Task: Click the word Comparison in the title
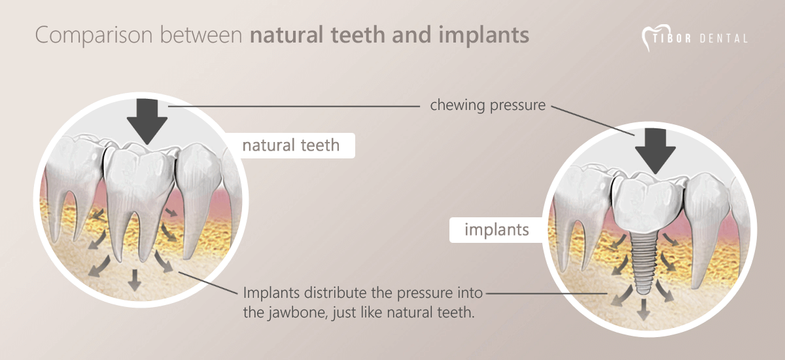(x=94, y=35)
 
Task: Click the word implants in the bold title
(x=483, y=35)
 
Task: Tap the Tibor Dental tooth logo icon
(x=656, y=37)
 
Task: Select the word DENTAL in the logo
(x=724, y=38)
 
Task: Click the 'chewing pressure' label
(x=487, y=105)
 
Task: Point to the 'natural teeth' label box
(x=291, y=145)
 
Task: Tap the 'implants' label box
(x=497, y=230)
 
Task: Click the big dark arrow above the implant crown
(x=655, y=151)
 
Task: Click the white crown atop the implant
(x=648, y=204)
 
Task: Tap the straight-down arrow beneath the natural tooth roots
(x=135, y=280)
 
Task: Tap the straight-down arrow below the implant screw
(x=643, y=309)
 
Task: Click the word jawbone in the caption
(x=293, y=313)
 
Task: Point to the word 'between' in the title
(x=201, y=35)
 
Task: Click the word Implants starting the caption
(x=271, y=293)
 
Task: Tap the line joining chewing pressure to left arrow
(x=294, y=106)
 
